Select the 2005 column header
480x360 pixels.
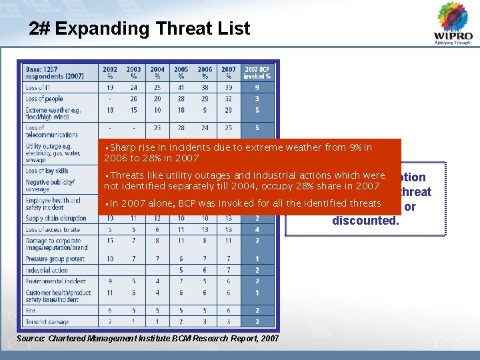tap(181, 72)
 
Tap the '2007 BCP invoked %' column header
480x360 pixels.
tap(258, 72)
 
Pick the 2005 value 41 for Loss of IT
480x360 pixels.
tap(181, 87)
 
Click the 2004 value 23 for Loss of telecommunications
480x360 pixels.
tap(157, 127)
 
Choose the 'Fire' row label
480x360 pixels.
tap(31, 310)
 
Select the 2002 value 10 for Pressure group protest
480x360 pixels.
tap(110, 259)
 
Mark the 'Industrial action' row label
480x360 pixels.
tap(47, 270)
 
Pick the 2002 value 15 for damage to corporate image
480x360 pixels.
tap(110, 240)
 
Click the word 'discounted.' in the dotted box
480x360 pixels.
tap(365, 220)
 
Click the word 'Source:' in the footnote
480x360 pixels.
tap(31, 339)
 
